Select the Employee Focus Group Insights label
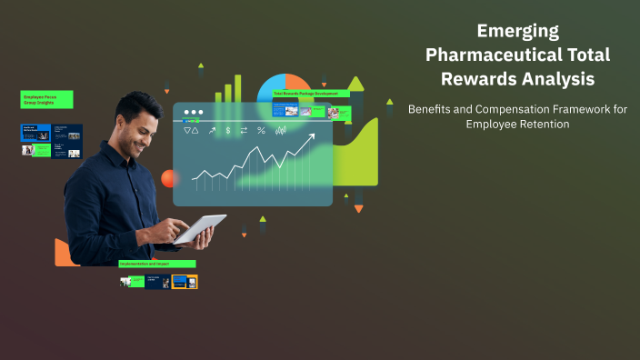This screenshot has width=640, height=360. pos(47,99)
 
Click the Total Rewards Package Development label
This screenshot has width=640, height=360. pos(310,94)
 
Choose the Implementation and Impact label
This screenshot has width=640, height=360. pos(157,264)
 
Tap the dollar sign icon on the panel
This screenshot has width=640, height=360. pos(228,131)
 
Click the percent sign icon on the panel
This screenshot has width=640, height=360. pos(261,131)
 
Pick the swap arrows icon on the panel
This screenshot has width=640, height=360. pos(244,131)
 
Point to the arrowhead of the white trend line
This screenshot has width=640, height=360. pos(312,138)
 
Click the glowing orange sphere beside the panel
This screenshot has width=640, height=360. pos(169,178)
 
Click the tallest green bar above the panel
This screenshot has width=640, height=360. pos(238,88)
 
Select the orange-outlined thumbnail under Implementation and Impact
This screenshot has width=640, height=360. pos(185,282)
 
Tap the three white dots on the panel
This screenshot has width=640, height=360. pos(193,113)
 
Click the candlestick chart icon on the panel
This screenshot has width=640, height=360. pos(281,131)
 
